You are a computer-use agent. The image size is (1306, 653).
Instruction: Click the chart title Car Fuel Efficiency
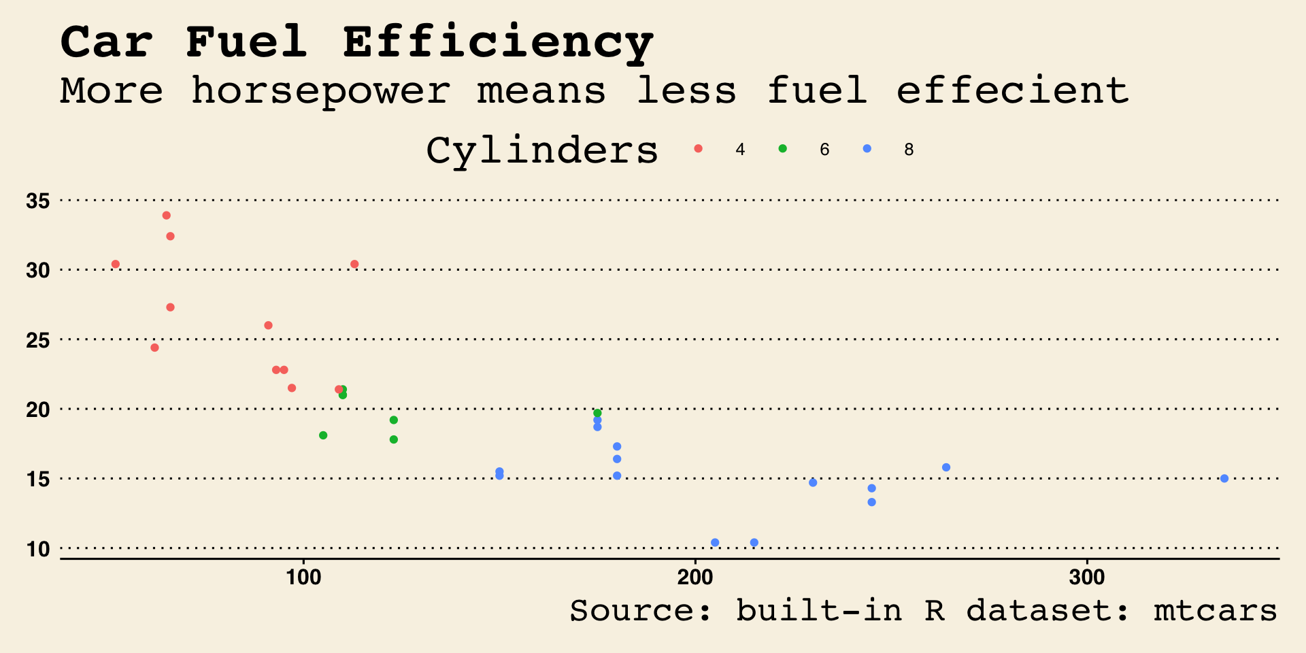pyautogui.click(x=357, y=42)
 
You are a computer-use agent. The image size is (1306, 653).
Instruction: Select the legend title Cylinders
pyautogui.click(x=542, y=150)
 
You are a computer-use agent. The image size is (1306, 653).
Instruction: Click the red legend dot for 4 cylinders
pyautogui.click(x=698, y=149)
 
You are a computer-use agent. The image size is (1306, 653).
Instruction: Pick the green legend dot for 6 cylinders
pyautogui.click(x=782, y=149)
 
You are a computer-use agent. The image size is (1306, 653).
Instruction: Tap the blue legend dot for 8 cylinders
pyautogui.click(x=867, y=149)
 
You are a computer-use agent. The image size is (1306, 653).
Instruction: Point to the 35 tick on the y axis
pyautogui.click(x=38, y=201)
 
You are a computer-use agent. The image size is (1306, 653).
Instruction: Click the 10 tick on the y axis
pyautogui.click(x=38, y=549)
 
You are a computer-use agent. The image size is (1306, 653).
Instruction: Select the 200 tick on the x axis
pyautogui.click(x=695, y=578)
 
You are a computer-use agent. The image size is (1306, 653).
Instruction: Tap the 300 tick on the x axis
pyautogui.click(x=1086, y=578)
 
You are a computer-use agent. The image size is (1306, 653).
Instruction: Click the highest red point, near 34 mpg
pyautogui.click(x=167, y=216)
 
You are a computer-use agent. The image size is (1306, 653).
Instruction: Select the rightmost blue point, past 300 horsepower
pyautogui.click(x=1224, y=479)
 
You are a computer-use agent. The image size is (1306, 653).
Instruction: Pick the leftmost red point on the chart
pyautogui.click(x=116, y=265)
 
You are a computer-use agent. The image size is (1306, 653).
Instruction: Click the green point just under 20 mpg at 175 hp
pyautogui.click(x=597, y=414)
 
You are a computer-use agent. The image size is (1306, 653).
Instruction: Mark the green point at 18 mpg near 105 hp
pyautogui.click(x=323, y=435)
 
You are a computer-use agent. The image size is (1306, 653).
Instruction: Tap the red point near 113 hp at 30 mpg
pyautogui.click(x=354, y=265)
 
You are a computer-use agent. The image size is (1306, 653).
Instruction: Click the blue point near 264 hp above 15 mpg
pyautogui.click(x=946, y=467)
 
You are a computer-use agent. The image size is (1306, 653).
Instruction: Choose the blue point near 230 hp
pyautogui.click(x=813, y=483)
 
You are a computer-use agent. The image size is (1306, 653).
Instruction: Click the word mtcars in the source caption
pyautogui.click(x=1215, y=611)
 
